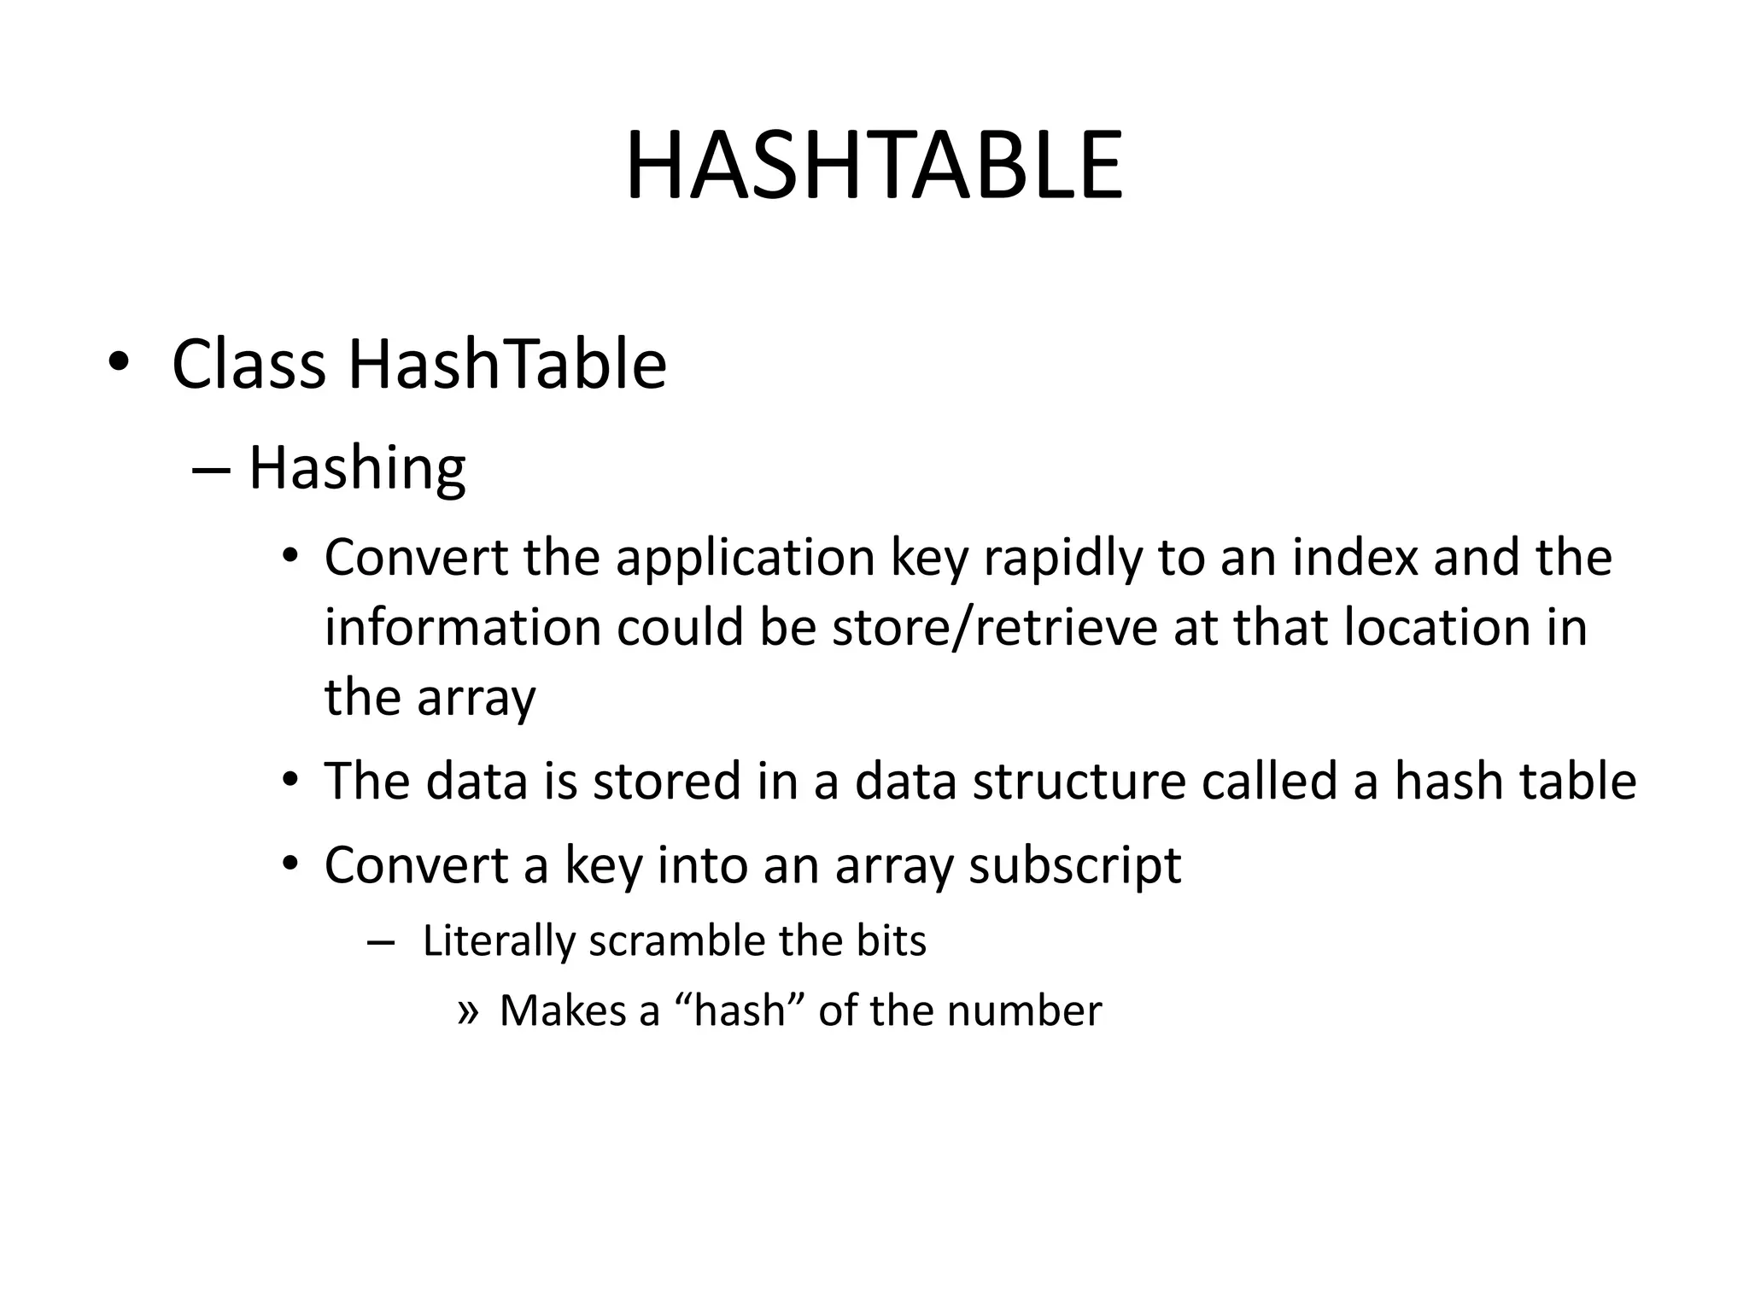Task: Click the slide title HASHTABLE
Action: pos(874,167)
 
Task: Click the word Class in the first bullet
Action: pos(249,365)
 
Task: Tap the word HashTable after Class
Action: pos(507,365)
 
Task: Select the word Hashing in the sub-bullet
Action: pos(357,469)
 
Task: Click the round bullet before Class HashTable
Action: pos(118,363)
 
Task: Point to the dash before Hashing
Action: pos(212,470)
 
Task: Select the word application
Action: pos(745,558)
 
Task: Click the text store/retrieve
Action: pos(993,628)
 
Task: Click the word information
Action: pos(463,628)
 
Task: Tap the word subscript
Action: pos(1074,866)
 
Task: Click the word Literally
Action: pos(499,941)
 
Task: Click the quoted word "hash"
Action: pos(740,1011)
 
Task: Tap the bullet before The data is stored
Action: pos(290,781)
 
